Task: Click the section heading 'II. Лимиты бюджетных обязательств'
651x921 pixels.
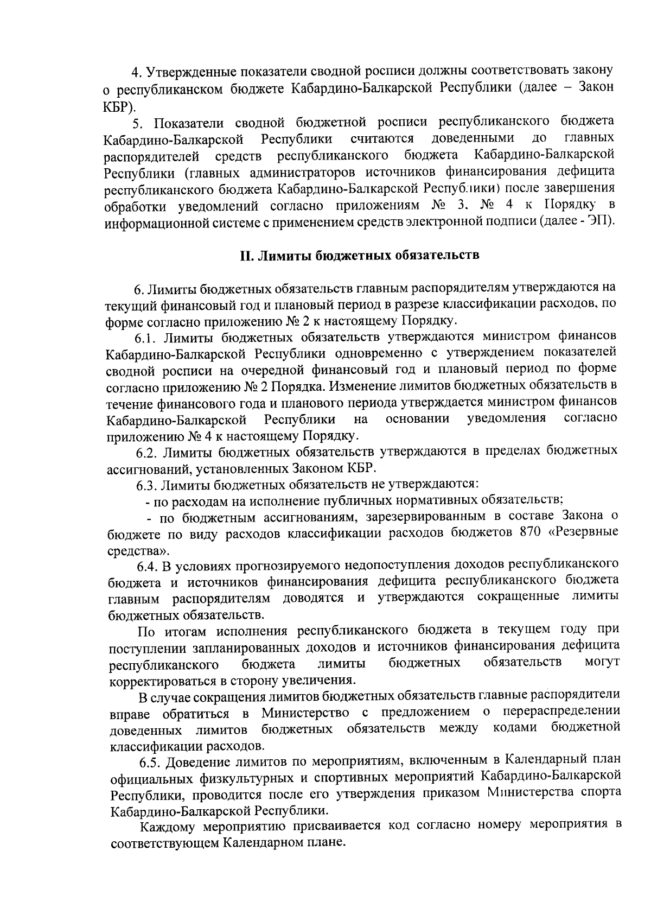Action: (360, 255)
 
